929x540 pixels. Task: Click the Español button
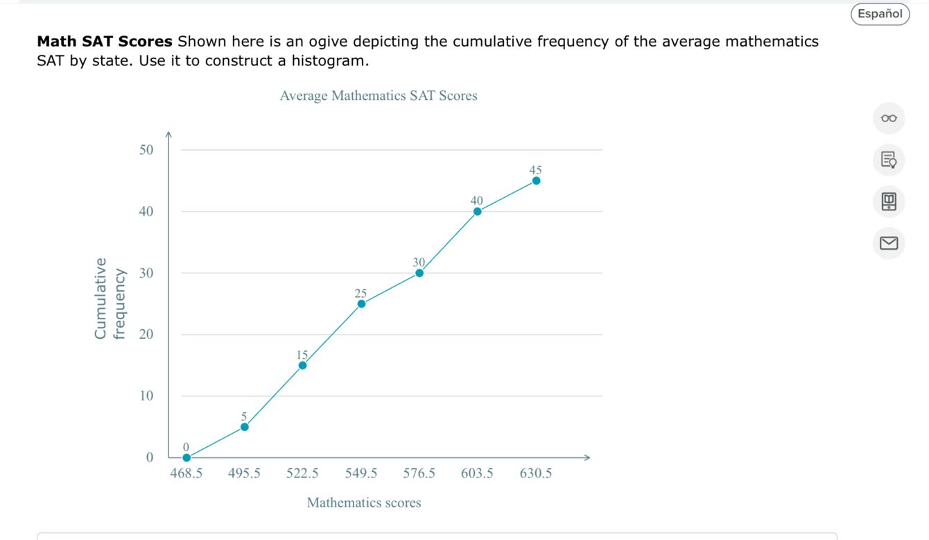pyautogui.click(x=880, y=14)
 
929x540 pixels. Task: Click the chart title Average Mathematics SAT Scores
pyautogui.click(x=378, y=96)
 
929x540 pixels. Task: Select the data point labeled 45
pyautogui.click(x=536, y=180)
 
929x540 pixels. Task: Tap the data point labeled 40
pyautogui.click(x=477, y=212)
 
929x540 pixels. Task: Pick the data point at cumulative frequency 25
pyautogui.click(x=361, y=303)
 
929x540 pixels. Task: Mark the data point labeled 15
pyautogui.click(x=302, y=365)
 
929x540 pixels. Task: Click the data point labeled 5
pyautogui.click(x=244, y=427)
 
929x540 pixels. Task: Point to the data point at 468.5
pyautogui.click(x=186, y=457)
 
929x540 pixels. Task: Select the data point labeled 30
pyautogui.click(x=419, y=273)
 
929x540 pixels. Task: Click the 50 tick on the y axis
pyautogui.click(x=146, y=150)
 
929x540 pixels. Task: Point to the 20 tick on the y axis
pyautogui.click(x=146, y=335)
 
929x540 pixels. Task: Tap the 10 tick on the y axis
pyautogui.click(x=146, y=396)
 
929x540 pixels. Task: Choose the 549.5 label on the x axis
pyautogui.click(x=361, y=474)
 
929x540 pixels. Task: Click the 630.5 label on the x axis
pyautogui.click(x=536, y=474)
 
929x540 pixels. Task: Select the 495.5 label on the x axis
pyautogui.click(x=244, y=474)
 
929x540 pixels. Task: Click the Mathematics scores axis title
pyautogui.click(x=364, y=503)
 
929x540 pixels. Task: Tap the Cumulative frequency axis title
pyautogui.click(x=110, y=298)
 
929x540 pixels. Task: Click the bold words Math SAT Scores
pyautogui.click(x=105, y=42)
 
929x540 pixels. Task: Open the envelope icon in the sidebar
pyautogui.click(x=888, y=243)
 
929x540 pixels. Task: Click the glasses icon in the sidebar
pyautogui.click(x=888, y=119)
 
